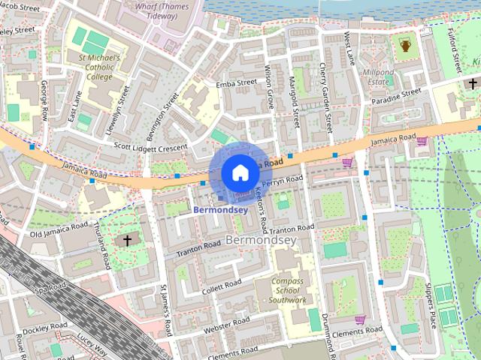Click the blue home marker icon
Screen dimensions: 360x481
coord(239,173)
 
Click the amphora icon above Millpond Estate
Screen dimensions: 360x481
coord(405,47)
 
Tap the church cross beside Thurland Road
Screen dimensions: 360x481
coord(127,241)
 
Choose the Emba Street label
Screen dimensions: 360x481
coord(236,84)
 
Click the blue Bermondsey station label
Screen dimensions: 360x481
coord(220,210)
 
